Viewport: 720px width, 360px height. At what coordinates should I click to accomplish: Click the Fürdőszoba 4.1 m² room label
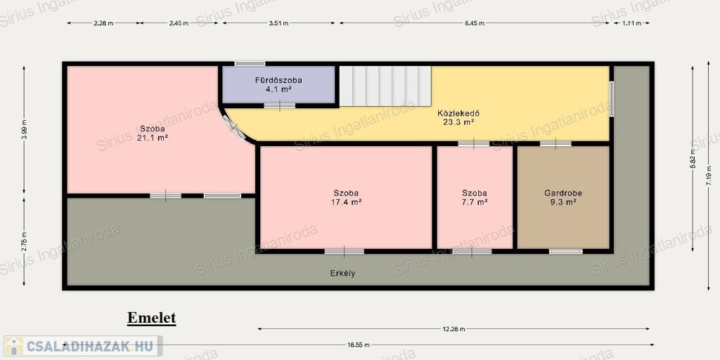[278, 85]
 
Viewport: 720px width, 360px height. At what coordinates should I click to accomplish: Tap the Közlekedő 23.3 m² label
[456, 117]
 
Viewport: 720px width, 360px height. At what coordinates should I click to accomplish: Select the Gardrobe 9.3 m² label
[563, 198]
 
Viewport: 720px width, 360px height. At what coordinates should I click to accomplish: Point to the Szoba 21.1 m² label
[153, 133]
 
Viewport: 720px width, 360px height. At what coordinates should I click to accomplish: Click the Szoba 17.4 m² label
[346, 198]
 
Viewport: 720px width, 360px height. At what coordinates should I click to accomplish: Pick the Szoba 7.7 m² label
[475, 198]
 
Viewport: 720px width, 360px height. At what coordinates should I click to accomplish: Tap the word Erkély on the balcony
[342, 274]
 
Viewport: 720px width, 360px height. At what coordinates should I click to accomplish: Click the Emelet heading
[152, 318]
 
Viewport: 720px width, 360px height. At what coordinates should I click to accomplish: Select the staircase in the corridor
[385, 86]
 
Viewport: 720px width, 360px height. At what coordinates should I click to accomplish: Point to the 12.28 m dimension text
[454, 329]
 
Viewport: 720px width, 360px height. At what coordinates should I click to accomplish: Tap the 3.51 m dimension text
[278, 23]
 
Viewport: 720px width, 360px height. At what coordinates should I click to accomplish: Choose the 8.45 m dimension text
[475, 23]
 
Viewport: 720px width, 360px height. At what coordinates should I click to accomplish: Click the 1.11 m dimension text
[631, 23]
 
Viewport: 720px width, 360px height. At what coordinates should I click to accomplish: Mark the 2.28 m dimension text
[104, 23]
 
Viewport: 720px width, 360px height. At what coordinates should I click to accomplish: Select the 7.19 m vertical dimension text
[709, 174]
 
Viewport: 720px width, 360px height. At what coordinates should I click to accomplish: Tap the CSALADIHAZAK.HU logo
[83, 346]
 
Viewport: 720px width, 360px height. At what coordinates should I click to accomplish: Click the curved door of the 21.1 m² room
[234, 127]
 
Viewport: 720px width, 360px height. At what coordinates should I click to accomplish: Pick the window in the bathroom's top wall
[250, 63]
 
